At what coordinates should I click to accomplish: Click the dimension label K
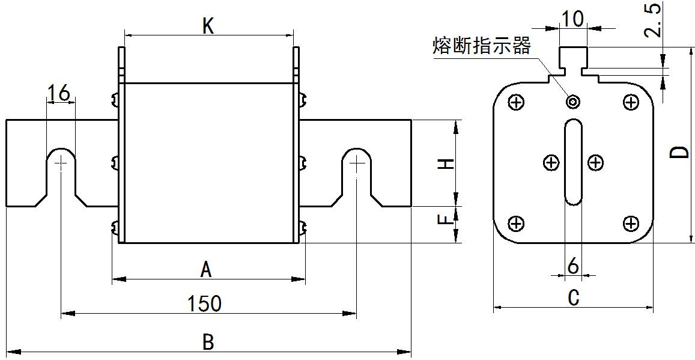tap(208, 26)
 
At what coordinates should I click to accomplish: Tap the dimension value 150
tap(204, 304)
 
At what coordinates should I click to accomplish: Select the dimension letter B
tap(208, 342)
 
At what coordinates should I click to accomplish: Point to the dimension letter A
tap(205, 270)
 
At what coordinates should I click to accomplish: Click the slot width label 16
tap(59, 94)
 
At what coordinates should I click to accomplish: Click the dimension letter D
tap(679, 152)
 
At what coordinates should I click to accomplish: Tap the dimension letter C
tap(573, 297)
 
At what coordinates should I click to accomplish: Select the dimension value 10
tap(572, 19)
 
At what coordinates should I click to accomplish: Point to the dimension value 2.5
tap(653, 19)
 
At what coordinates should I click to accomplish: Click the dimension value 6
tap(572, 266)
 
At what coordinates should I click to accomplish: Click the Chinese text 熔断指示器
tap(481, 46)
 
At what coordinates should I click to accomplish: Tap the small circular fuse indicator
tap(573, 102)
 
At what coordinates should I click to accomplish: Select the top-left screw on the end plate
tap(516, 103)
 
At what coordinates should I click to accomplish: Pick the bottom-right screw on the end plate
tap(630, 223)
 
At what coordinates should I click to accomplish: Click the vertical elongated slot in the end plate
tap(573, 162)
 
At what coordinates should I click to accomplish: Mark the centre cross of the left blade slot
tap(61, 163)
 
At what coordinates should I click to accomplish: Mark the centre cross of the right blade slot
tap(356, 163)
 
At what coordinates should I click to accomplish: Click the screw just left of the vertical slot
tap(551, 163)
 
